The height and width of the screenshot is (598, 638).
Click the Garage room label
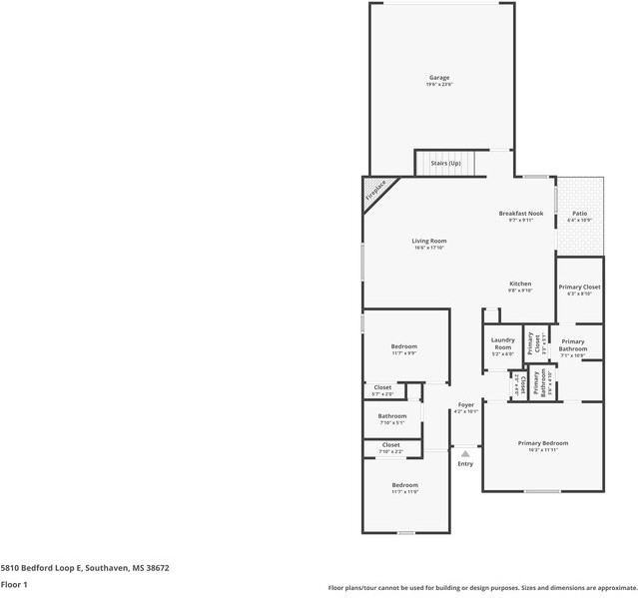[439, 78]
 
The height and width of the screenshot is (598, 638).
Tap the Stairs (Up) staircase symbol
[445, 163]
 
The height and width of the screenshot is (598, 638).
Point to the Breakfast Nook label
[521, 214]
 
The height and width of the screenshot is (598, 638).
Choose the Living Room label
[429, 241]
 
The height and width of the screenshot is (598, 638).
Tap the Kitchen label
[520, 284]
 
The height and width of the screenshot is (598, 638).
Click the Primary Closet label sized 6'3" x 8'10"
[579, 288]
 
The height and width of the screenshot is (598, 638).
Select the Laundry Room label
[502, 343]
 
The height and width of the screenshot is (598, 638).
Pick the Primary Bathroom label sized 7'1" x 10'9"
[572, 344]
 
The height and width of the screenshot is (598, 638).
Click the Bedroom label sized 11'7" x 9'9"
[403, 346]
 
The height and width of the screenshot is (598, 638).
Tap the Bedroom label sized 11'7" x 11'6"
[403, 485]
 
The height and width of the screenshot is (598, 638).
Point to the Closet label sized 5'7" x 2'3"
[382, 387]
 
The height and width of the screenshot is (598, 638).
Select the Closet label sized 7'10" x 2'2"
[390, 445]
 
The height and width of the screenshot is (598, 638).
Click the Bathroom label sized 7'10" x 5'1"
[391, 416]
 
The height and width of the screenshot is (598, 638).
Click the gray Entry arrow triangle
[464, 453]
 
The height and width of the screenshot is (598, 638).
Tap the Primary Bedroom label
[542, 443]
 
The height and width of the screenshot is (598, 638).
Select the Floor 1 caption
[14, 584]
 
